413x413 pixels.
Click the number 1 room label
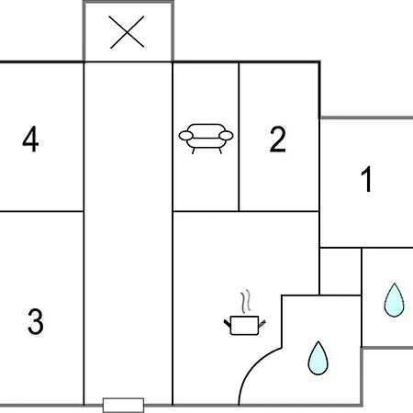coord(366,179)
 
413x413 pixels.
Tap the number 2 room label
coord(278,140)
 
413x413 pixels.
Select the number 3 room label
coord(36,321)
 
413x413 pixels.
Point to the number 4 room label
coord(30,140)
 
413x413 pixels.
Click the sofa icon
coord(206,139)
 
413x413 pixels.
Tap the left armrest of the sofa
coord(185,136)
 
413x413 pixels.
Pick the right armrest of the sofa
coord(226,136)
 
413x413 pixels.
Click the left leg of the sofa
coord(194,151)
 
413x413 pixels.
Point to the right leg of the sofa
coord(220,151)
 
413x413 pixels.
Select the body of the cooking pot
coord(244,326)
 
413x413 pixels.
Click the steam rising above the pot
coord(246,302)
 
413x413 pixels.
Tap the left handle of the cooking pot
coord(227,324)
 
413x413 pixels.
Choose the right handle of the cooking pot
coord(262,324)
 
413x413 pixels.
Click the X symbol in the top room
coord(127,32)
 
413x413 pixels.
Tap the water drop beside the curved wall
coord(318,358)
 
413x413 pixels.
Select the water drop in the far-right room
coord(395,300)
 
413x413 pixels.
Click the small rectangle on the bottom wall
coord(123,406)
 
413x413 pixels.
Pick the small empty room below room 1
coord(340,272)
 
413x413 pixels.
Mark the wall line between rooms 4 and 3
coord(42,211)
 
